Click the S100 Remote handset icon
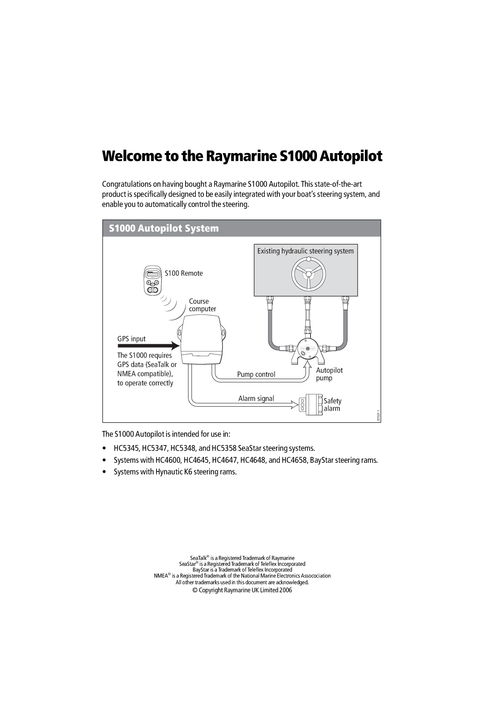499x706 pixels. pyautogui.click(x=152, y=281)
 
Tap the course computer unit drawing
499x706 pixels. pyautogui.click(x=201, y=341)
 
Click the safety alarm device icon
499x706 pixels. pyautogui.click(x=311, y=404)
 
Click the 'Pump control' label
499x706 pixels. pyautogui.click(x=256, y=374)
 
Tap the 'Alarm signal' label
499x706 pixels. pyautogui.click(x=256, y=398)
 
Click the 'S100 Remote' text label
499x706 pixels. pyautogui.click(x=184, y=273)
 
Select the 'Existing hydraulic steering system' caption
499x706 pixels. pyautogui.click(x=305, y=251)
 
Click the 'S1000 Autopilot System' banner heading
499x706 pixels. pyautogui.click(x=164, y=228)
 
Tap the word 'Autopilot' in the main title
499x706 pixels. pyautogui.click(x=350, y=156)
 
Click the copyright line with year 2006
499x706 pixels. pyautogui.click(x=242, y=590)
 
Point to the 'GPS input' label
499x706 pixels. pyautogui.click(x=132, y=339)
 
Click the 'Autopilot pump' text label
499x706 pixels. pyautogui.click(x=329, y=374)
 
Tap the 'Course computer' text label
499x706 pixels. pyautogui.click(x=202, y=305)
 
